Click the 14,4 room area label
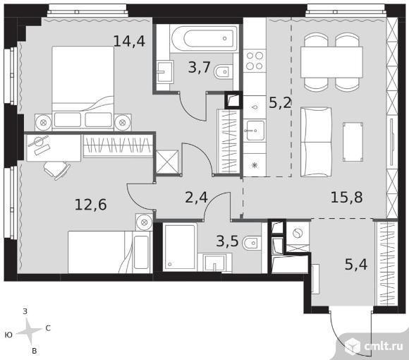(129, 41)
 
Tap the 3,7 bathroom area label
(199, 67)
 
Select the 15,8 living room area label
(347, 197)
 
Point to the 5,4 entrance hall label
(356, 265)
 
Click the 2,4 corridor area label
(196, 198)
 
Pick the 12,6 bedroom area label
(90, 205)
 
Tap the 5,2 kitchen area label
(280, 103)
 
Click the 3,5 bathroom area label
(228, 241)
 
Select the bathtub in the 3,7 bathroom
(204, 39)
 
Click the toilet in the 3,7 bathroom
(222, 71)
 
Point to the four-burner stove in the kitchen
(255, 61)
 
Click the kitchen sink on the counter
(255, 131)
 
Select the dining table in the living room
(331, 62)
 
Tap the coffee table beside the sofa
(353, 142)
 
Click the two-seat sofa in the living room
(316, 142)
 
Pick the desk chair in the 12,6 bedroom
(57, 169)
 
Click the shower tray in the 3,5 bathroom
(180, 246)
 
